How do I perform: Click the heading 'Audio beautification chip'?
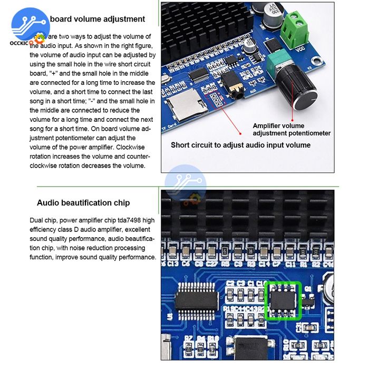83,203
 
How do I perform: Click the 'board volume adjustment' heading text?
98,19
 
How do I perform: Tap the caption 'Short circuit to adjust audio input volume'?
240,145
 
